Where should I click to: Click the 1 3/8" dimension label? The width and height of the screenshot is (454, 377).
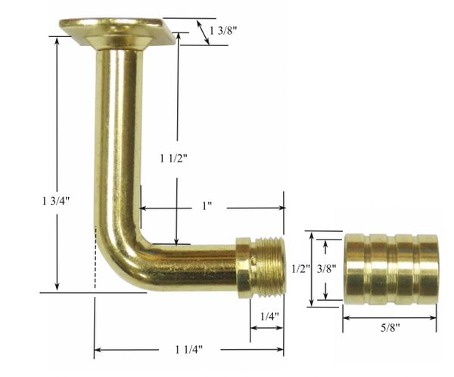click(x=223, y=30)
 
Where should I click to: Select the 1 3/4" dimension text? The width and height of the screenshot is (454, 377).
click(x=56, y=201)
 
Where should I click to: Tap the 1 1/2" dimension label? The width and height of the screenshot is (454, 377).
click(x=174, y=158)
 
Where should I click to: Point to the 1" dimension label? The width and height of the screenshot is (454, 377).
click(x=207, y=205)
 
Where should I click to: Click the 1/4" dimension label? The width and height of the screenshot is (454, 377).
click(x=269, y=317)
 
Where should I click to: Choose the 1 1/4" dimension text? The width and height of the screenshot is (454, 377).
click(x=188, y=350)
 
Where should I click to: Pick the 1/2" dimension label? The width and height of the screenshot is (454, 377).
click(x=301, y=269)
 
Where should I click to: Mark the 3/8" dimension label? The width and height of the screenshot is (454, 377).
click(x=326, y=269)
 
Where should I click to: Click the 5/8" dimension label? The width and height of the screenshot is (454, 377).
click(x=390, y=328)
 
